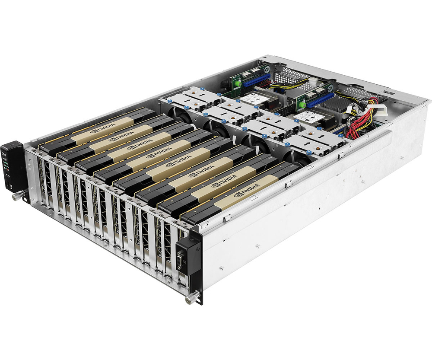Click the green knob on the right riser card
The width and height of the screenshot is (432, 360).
point(303,103)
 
